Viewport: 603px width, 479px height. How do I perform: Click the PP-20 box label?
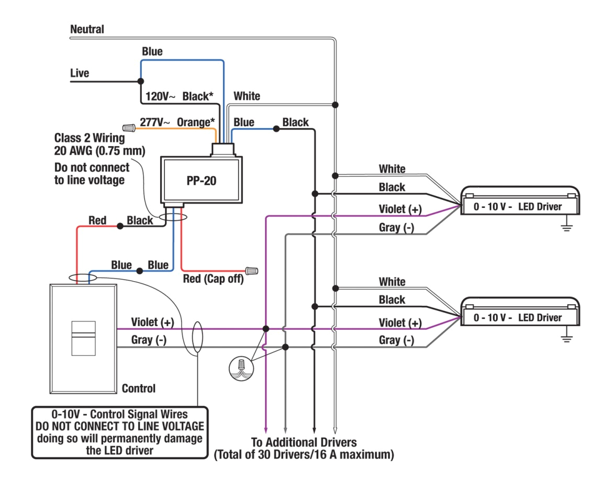click(202, 182)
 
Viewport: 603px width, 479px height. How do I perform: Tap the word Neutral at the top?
click(87, 29)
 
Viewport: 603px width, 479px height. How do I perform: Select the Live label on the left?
click(80, 73)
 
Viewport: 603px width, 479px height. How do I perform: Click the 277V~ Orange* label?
click(177, 122)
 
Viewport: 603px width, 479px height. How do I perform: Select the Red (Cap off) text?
click(213, 279)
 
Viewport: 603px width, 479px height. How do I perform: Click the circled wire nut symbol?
click(241, 366)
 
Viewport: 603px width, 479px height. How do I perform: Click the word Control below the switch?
click(139, 388)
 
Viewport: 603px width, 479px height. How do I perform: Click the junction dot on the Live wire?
click(140, 82)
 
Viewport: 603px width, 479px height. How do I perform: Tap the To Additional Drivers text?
click(304, 442)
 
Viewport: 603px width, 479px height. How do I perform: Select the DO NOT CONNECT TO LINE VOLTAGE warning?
click(120, 426)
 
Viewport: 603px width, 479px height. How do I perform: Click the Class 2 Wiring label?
click(90, 139)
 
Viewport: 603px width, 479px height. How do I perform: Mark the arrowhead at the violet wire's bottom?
click(266, 427)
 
